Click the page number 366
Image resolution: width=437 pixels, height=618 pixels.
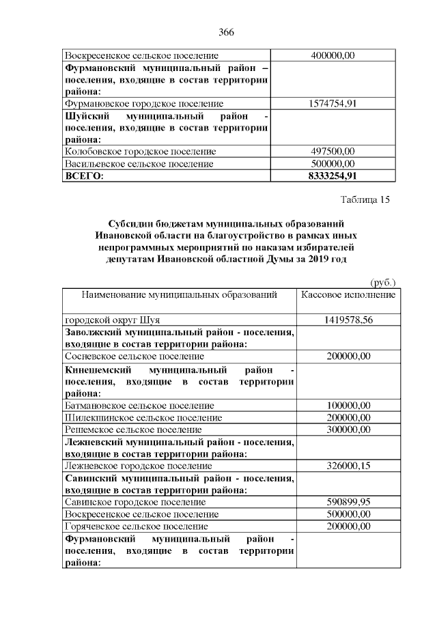(227, 32)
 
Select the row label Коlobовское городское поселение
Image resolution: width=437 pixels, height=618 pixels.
(140, 152)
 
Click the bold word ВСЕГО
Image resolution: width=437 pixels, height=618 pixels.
(83, 176)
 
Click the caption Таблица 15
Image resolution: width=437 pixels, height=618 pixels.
(365, 200)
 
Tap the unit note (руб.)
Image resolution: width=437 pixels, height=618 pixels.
(382, 282)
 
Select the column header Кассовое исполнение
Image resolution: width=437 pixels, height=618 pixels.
(348, 295)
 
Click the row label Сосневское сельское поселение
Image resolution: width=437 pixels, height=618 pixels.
(134, 356)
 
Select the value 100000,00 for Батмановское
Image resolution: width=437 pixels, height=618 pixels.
(348, 405)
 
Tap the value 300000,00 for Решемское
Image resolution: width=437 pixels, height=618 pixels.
(348, 430)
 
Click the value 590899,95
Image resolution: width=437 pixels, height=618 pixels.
(348, 502)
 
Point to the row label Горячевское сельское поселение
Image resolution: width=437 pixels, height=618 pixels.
(137, 526)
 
